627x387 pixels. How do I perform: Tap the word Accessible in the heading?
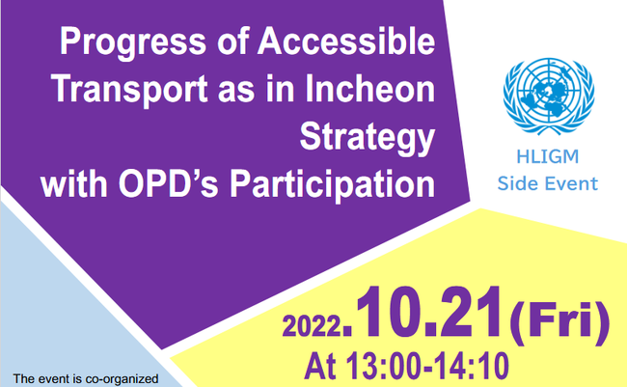346,41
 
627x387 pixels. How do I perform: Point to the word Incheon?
370,88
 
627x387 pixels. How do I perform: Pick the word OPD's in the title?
169,184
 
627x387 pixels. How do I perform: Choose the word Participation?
332,186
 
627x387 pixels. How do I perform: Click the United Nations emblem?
549,97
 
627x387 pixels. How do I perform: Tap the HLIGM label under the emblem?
548,156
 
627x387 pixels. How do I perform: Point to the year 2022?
312,326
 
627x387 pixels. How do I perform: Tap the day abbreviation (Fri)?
559,321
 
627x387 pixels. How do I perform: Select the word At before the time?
320,366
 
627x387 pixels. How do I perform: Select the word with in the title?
74,184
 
